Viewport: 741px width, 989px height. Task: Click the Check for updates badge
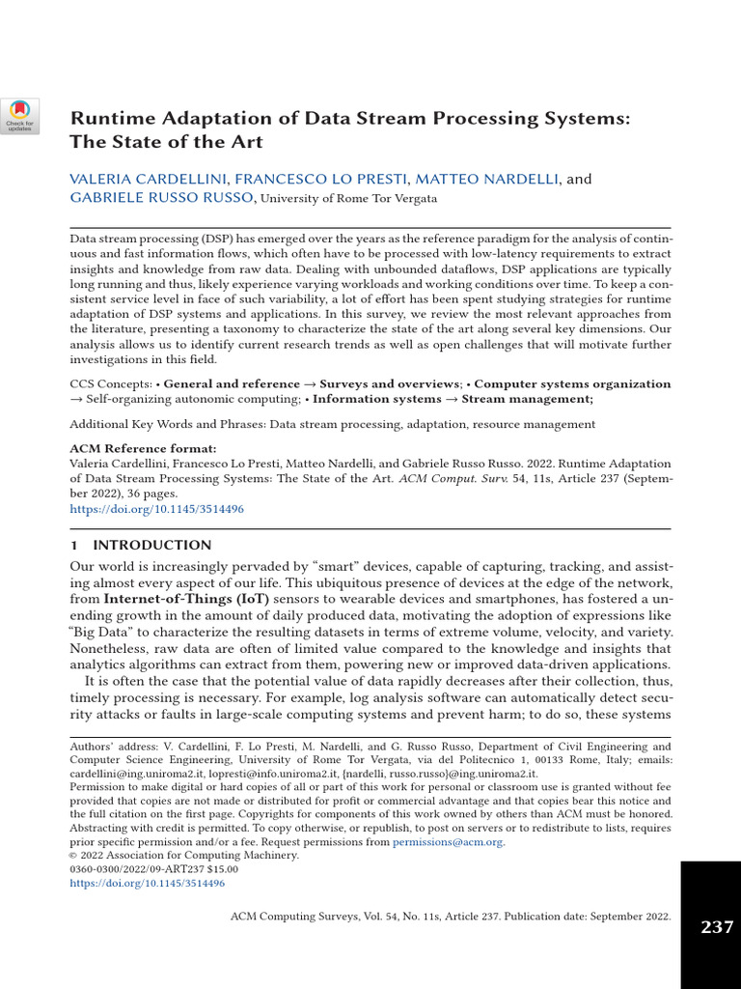(x=19, y=115)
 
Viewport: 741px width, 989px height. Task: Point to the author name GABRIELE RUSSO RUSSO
(x=162, y=198)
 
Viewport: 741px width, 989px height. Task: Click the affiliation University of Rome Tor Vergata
(x=349, y=199)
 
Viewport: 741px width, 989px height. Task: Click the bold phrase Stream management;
(x=528, y=399)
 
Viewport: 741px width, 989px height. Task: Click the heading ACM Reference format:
(x=143, y=449)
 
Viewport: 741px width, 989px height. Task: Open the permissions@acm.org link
(x=448, y=841)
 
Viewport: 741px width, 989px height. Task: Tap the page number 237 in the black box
(x=716, y=927)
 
